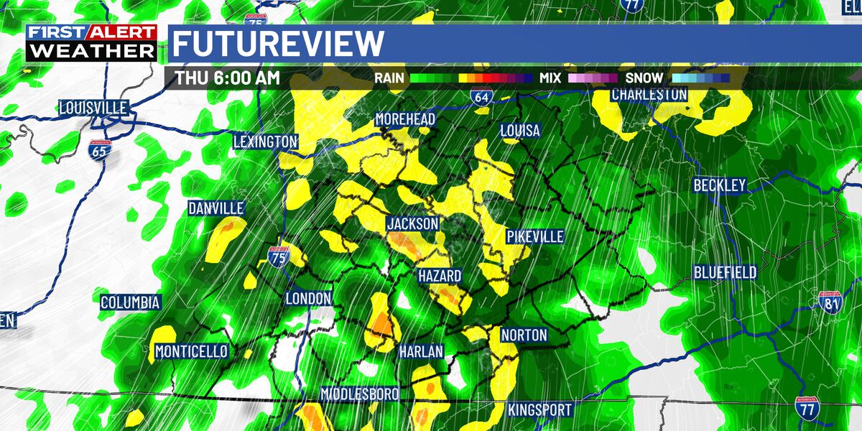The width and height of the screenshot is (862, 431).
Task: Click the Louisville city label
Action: pyautogui.click(x=93, y=108)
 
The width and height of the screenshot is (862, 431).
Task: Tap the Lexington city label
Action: pyautogui.click(x=265, y=142)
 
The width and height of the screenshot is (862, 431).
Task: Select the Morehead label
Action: pyautogui.click(x=406, y=119)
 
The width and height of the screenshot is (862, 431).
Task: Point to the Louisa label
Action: pyautogui.click(x=520, y=131)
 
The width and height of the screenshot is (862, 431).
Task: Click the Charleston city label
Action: pyautogui.click(x=649, y=94)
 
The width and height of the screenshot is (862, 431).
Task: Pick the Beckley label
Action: pyautogui.click(x=719, y=185)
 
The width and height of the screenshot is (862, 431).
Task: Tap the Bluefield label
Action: pyautogui.click(x=725, y=272)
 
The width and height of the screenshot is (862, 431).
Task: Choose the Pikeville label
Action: pyautogui.click(x=534, y=236)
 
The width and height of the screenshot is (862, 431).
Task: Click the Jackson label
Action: pyautogui.click(x=412, y=224)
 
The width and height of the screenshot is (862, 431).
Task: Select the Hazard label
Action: pyautogui.click(x=440, y=276)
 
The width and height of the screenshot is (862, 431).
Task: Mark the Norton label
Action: pyautogui.click(x=524, y=335)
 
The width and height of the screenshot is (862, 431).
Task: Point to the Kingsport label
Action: pyautogui.click(x=539, y=410)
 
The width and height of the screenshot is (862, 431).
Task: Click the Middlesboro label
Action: pyautogui.click(x=359, y=394)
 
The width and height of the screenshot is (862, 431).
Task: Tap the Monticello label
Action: pyautogui.click(x=192, y=351)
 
